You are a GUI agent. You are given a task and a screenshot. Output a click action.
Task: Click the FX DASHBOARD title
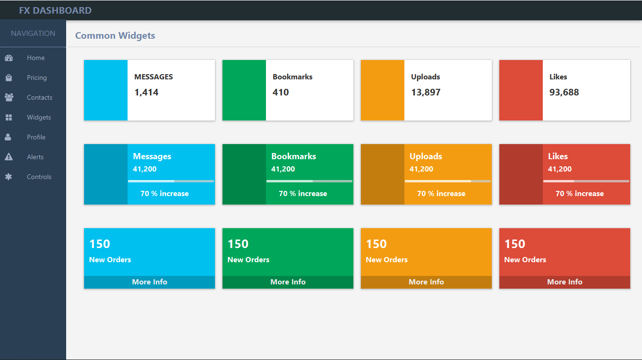(x=55, y=10)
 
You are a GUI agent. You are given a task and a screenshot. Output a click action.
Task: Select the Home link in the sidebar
(x=35, y=58)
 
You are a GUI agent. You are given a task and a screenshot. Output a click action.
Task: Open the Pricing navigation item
(x=36, y=77)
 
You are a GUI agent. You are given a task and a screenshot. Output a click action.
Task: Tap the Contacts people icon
(x=9, y=97)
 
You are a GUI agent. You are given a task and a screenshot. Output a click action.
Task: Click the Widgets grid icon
(x=9, y=117)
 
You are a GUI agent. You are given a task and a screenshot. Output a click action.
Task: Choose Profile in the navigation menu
(x=36, y=137)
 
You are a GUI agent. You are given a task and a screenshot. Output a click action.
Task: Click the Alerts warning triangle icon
(x=9, y=157)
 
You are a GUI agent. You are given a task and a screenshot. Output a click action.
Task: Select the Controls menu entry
(x=39, y=177)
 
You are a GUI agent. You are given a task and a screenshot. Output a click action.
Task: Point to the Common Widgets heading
(x=115, y=35)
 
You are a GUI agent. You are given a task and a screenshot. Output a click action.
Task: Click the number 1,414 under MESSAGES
(x=146, y=92)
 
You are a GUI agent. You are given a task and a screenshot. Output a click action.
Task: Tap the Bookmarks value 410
(x=281, y=92)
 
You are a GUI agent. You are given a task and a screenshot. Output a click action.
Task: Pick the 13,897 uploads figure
(x=426, y=92)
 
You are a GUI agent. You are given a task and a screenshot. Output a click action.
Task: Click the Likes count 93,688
(x=564, y=92)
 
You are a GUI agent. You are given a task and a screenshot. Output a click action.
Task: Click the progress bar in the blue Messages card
(x=171, y=181)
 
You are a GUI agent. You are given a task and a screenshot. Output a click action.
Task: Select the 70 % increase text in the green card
(x=303, y=194)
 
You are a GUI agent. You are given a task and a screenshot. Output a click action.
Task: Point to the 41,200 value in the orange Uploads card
(x=421, y=169)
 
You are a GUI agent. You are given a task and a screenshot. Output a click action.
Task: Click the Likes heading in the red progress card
(x=558, y=156)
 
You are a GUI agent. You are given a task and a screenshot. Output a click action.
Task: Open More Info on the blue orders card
(x=149, y=282)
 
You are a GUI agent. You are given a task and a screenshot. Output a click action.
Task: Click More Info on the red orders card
(x=565, y=282)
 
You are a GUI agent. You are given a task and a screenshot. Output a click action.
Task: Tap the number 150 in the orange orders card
(x=377, y=244)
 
